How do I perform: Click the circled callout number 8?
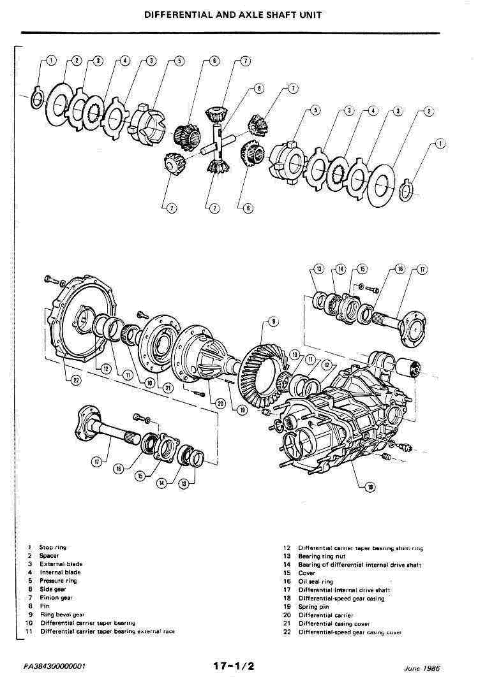point(259,89)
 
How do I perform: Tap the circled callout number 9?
point(273,321)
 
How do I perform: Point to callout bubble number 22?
point(59,382)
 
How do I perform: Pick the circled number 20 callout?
point(221,402)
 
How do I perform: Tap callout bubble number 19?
point(243,411)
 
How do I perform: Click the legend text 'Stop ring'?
point(52,547)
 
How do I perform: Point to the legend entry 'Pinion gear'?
point(56,597)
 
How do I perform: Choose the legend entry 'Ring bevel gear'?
point(61,615)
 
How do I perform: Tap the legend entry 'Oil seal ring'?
point(315,581)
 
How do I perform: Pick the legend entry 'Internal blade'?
point(60,572)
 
